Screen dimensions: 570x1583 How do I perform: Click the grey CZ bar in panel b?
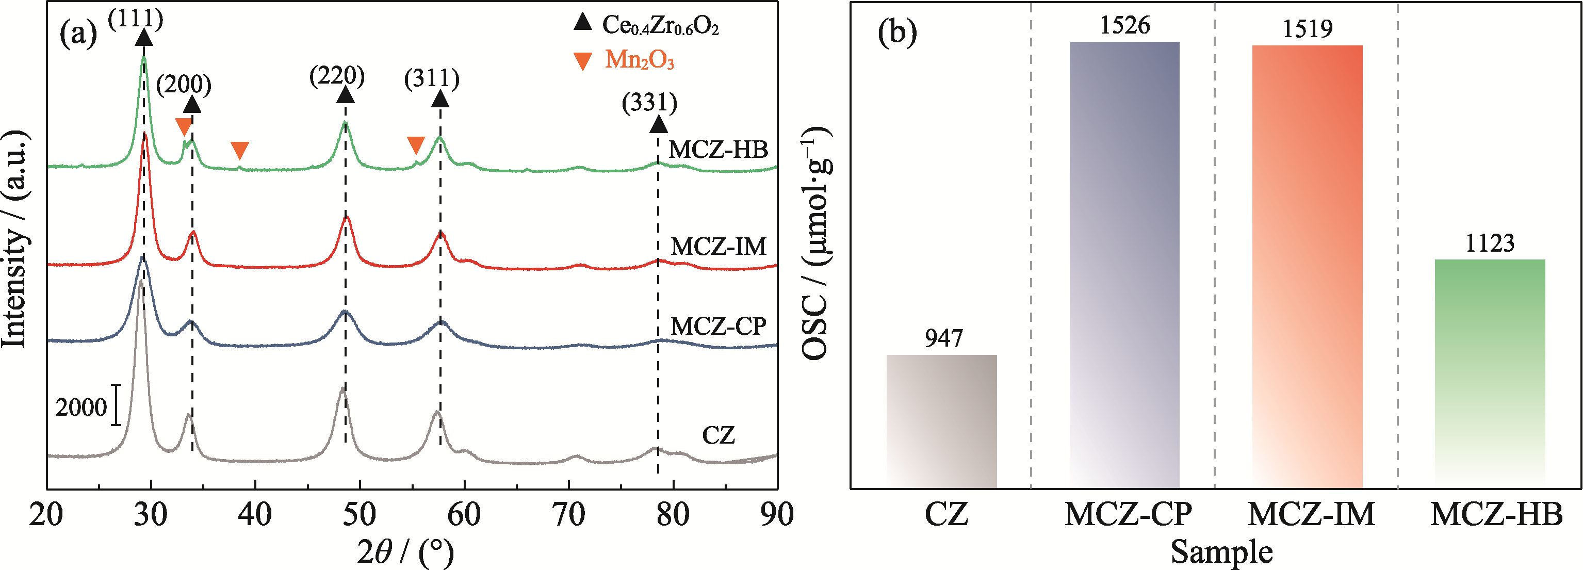941,421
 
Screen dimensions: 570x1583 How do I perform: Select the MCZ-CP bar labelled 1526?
1124,265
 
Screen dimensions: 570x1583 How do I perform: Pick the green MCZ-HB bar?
1490,373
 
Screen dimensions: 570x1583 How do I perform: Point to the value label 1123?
1490,243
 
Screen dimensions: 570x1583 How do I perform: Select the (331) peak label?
649,102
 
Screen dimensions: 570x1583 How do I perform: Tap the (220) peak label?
337,76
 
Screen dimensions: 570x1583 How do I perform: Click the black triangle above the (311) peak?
440,99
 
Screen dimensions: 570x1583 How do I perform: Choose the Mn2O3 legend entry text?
639,60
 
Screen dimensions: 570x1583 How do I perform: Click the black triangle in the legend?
582,23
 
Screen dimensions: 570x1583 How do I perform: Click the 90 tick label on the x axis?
777,514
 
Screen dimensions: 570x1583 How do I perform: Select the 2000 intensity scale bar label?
81,407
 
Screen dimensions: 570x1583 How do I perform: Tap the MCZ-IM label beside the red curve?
719,247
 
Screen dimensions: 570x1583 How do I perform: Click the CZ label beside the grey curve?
719,435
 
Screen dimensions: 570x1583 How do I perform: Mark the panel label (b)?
897,32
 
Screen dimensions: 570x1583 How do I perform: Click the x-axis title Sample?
1221,551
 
